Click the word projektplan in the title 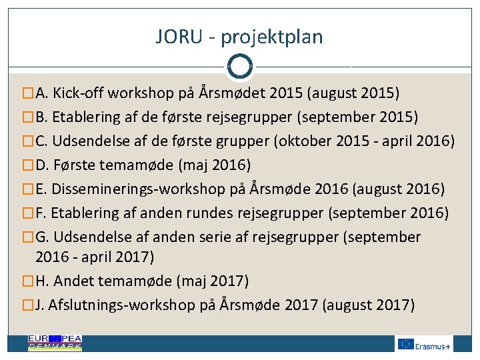click(271, 38)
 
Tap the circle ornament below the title click(239, 66)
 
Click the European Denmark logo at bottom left click(55, 343)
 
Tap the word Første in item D click(89, 165)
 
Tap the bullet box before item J click(27, 305)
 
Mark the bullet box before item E click(27, 189)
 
